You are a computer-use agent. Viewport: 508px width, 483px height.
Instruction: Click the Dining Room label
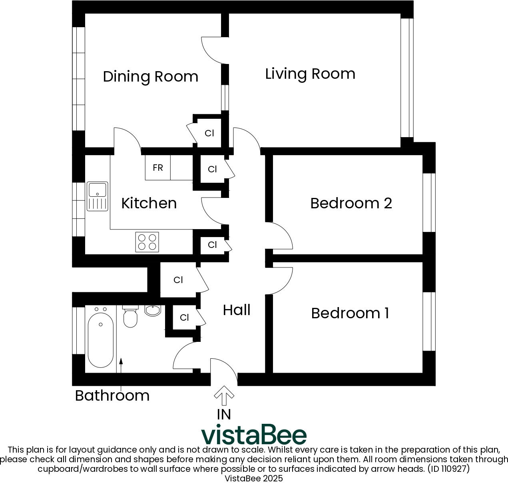[150, 76]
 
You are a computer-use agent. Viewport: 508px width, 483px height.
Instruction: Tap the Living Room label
[310, 74]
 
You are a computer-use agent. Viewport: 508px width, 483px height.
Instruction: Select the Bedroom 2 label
[351, 203]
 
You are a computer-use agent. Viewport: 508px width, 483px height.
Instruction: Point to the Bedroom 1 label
[350, 313]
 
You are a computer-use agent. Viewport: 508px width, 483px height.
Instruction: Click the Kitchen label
[149, 203]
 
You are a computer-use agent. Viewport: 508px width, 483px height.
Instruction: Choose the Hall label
[237, 310]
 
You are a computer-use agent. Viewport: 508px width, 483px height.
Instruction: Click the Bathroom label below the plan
[112, 395]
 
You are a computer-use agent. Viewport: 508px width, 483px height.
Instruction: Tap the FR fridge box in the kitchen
[158, 168]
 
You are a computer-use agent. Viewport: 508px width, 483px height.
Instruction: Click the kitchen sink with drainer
[98, 196]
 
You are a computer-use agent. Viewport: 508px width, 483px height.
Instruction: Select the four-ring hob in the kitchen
[147, 242]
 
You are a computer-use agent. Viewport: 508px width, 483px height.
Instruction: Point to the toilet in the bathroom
[130, 317]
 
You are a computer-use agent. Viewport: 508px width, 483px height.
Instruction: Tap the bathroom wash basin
[153, 310]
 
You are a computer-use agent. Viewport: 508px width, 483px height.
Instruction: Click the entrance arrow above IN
[224, 395]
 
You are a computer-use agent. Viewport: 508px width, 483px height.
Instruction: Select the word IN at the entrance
[224, 415]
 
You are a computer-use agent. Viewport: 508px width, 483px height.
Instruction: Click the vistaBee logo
[253, 435]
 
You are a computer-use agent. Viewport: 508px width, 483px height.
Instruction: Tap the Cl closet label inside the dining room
[209, 133]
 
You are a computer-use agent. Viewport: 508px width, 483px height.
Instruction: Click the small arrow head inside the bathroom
[121, 361]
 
